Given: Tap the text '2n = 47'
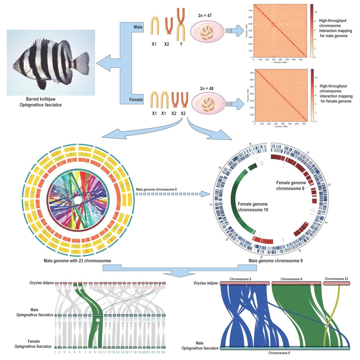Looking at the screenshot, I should [x=205, y=16].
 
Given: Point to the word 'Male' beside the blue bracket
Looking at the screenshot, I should [x=138, y=27].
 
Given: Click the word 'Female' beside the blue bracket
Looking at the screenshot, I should [x=136, y=100].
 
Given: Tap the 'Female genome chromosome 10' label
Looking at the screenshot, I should [x=253, y=207].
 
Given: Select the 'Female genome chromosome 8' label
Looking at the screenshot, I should [x=291, y=186].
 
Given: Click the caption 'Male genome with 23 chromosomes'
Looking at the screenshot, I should [x=77, y=261].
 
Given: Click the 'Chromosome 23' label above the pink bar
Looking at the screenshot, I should [x=336, y=279].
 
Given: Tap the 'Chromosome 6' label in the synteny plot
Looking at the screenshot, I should [x=291, y=279].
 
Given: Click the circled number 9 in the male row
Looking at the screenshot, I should [x=97, y=320].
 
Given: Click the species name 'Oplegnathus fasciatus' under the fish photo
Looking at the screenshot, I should [x=44, y=105].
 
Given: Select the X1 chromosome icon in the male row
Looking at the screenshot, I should [x=155, y=26].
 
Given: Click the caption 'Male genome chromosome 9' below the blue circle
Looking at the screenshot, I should [x=275, y=261].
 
